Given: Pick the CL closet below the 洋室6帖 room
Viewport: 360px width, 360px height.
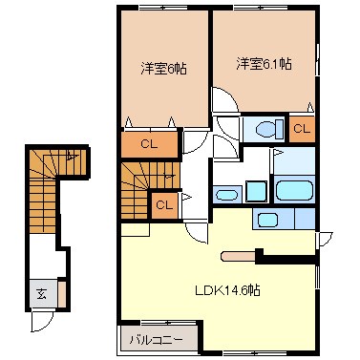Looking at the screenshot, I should tap(149, 145).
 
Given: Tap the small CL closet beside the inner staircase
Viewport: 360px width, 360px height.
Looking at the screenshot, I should tap(162, 204).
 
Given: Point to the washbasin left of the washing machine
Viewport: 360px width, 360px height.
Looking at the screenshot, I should tap(227, 194).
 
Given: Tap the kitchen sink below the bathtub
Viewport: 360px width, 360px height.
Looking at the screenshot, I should tap(268, 220).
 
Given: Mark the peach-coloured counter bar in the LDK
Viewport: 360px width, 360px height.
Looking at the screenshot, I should tap(238, 255).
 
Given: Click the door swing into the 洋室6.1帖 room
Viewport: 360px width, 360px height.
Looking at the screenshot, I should tap(222, 99).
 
